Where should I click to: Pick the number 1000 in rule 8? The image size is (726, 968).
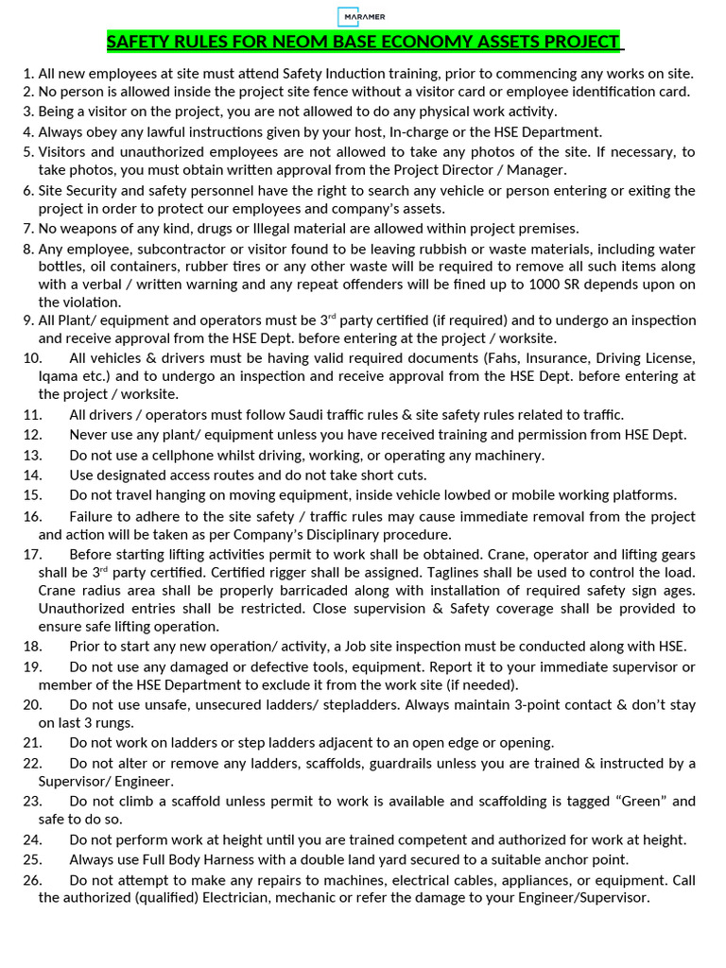[566, 285]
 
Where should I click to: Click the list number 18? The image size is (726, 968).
[32, 646]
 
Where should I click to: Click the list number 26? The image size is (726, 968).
[32, 880]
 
